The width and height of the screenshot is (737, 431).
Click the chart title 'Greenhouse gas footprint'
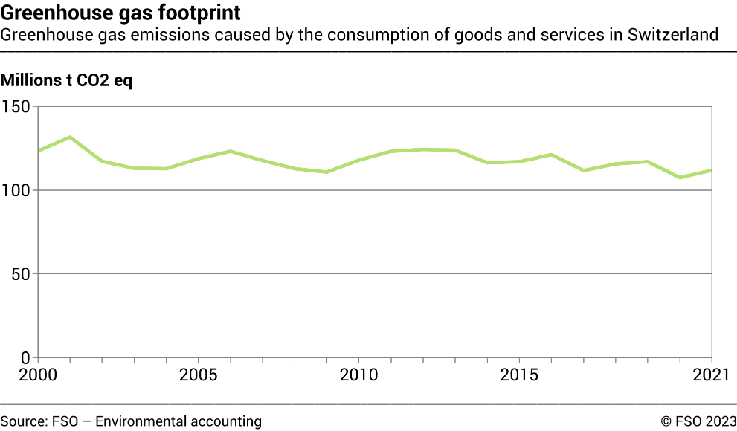click(120, 13)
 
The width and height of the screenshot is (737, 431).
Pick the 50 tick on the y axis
click(20, 274)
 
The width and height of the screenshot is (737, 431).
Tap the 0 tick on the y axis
click(25, 357)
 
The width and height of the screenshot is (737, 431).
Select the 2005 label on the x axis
click(198, 372)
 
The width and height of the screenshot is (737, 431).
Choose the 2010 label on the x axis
click(358, 372)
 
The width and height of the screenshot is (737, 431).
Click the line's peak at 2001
click(70, 137)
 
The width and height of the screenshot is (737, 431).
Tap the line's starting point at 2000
click(38, 151)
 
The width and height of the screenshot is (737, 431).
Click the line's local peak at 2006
click(231, 152)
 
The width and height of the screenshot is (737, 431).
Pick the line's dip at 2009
click(326, 172)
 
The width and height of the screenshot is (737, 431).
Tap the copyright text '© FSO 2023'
click(698, 421)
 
